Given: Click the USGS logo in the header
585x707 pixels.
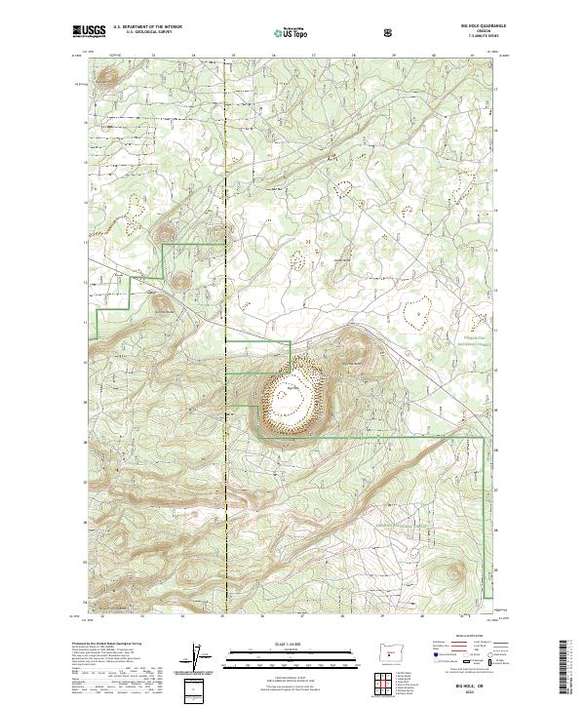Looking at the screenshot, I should coord(90,32).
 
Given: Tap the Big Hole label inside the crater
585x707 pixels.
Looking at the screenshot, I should coord(292,389).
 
